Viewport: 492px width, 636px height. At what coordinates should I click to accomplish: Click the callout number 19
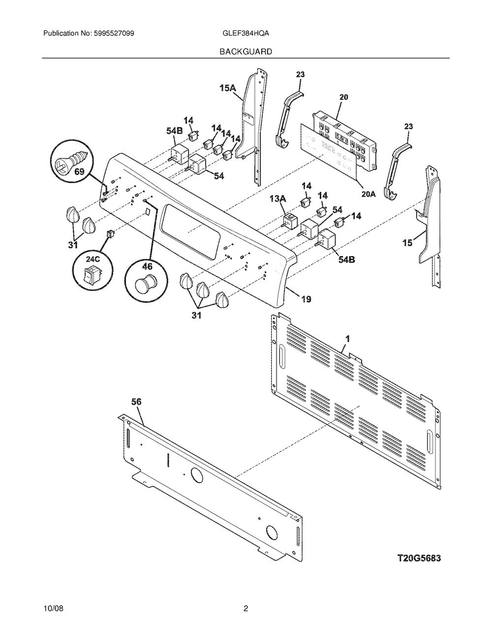pos(306,299)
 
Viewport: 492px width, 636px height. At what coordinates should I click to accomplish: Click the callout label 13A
pos(278,199)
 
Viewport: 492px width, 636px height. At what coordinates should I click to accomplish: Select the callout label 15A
pos(228,88)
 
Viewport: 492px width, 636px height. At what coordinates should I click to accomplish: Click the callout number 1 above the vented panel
pos(348,339)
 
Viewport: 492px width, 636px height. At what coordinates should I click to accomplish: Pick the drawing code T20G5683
pos(419,558)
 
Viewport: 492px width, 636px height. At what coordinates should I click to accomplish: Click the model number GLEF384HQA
pos(246,33)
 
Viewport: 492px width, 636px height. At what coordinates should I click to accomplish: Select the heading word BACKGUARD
pos(246,52)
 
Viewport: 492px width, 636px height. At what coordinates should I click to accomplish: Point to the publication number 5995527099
pos(114,33)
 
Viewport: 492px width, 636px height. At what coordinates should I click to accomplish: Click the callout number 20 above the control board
pos(343,97)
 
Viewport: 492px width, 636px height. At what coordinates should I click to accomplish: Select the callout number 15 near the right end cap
pos(407,243)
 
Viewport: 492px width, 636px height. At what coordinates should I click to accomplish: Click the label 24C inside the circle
pos(92,260)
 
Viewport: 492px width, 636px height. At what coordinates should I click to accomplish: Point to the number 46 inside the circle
pos(147,266)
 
